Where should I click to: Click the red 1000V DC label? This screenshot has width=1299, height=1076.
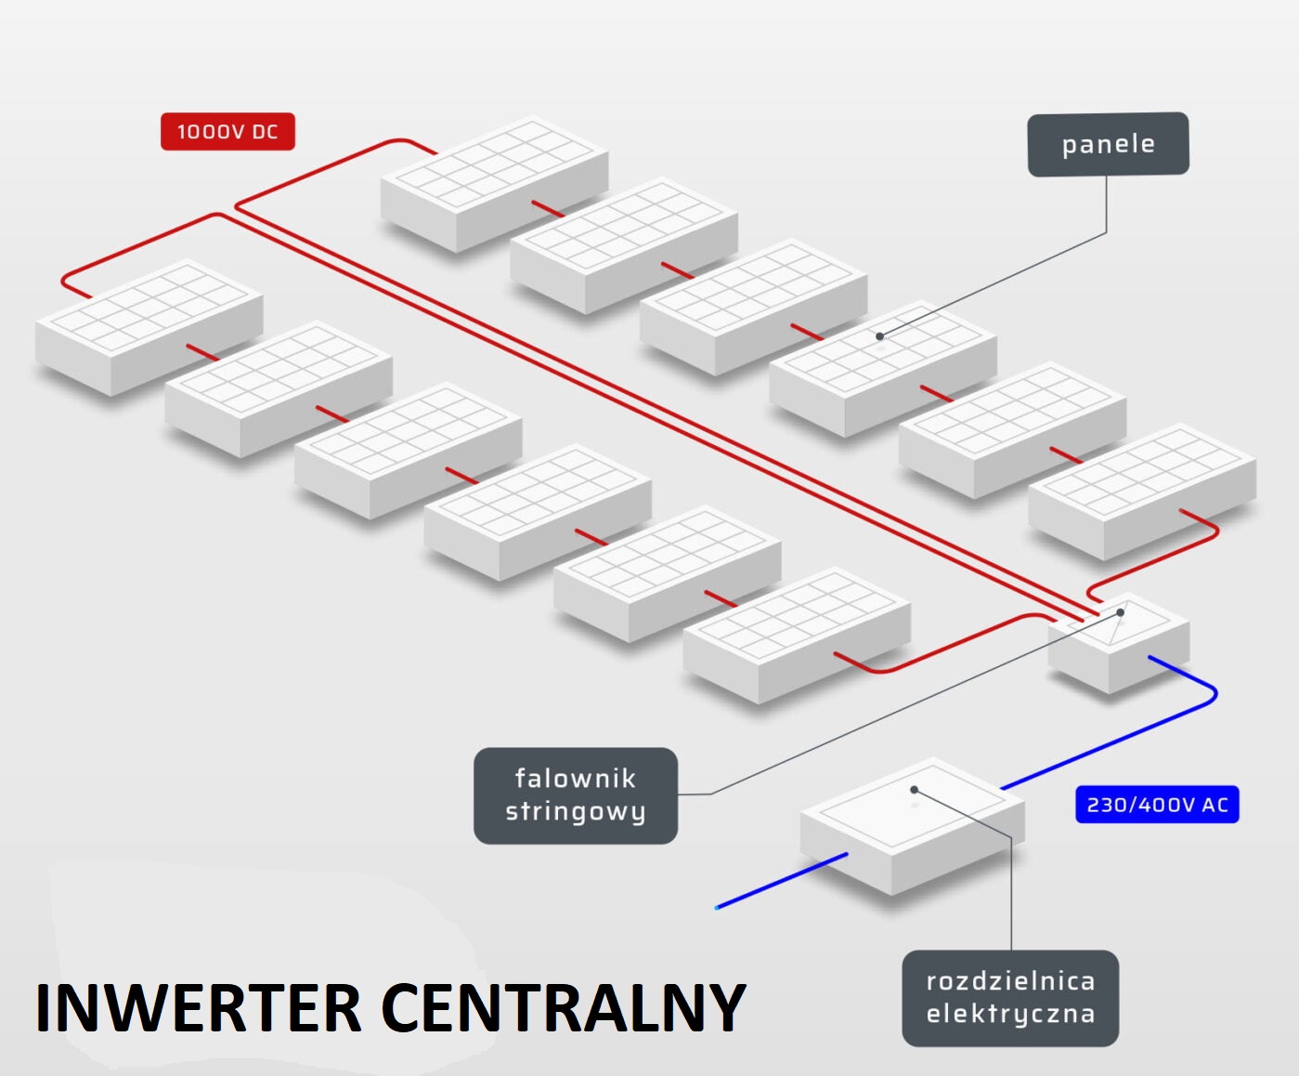[x=227, y=132]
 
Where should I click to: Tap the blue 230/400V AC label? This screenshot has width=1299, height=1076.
[x=1157, y=805]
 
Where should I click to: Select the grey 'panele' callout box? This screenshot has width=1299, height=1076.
[x=1108, y=144]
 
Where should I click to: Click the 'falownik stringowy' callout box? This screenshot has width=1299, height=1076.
[x=576, y=795]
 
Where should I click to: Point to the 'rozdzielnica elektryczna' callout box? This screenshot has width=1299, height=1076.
[x=1010, y=998]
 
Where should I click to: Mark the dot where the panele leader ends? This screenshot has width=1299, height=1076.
[x=879, y=336]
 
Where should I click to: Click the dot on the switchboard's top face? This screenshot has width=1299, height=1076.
[x=915, y=790]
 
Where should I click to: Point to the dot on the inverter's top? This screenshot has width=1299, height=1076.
[x=1121, y=613]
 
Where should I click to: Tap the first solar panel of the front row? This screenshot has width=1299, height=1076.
[x=149, y=325]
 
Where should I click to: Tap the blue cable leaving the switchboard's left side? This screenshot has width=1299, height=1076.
[x=780, y=880]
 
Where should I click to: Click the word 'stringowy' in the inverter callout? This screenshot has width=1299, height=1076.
[x=576, y=812]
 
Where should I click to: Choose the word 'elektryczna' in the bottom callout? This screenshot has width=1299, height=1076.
[x=1010, y=1014]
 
